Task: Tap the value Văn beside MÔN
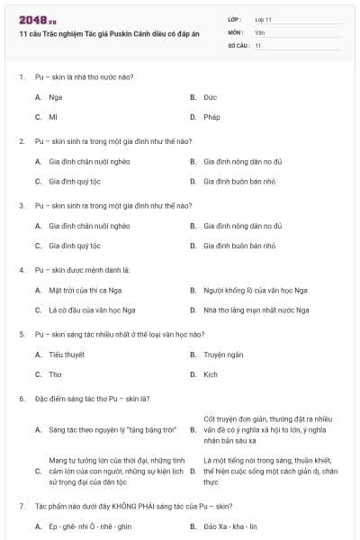click(260, 31)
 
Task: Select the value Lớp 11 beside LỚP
click(263, 19)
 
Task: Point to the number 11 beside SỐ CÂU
click(258, 45)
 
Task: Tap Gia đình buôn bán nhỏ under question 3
click(239, 246)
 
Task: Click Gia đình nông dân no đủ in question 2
click(243, 161)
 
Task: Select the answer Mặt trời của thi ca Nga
click(86, 290)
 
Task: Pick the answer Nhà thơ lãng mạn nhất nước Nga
click(256, 310)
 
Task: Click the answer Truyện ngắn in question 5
click(223, 355)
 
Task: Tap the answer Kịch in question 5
click(211, 374)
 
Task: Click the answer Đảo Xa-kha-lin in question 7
click(230, 526)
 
